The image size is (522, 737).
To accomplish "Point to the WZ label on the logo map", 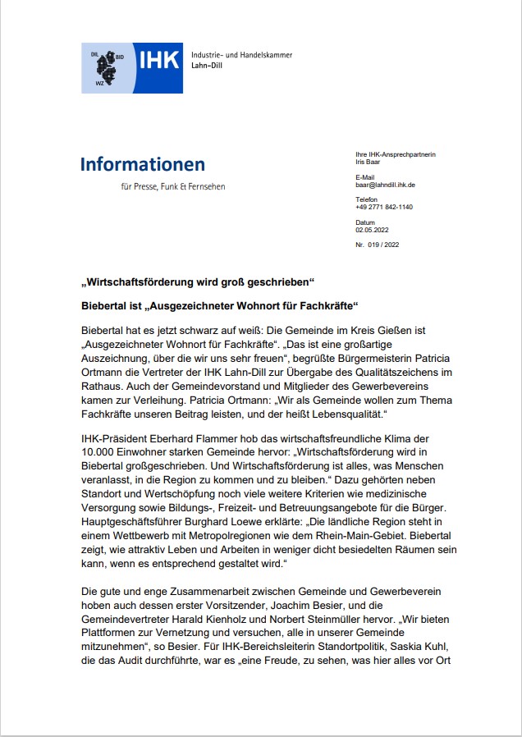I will coord(100,83).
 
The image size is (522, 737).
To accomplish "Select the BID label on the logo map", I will coord(119,57).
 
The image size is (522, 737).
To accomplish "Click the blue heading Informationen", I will coord(143,164).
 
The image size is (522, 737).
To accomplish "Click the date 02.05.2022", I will coord(370,231).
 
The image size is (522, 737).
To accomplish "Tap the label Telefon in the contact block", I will coord(366,199).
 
